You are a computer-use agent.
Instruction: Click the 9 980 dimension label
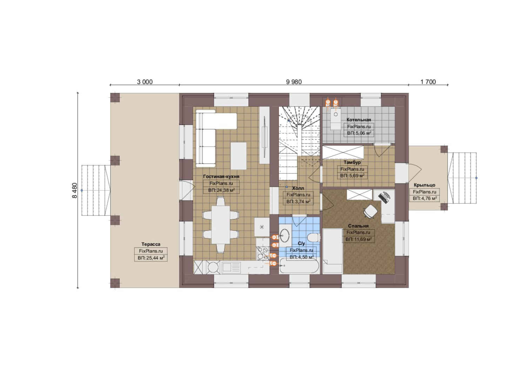pos(294,82)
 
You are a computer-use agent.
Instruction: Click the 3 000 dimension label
pos(145,82)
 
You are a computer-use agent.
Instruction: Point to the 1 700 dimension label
pos(428,82)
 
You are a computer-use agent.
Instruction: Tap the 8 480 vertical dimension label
pos(75,191)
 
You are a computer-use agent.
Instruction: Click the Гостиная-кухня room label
pos(221,177)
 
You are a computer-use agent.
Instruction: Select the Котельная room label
pos(359,120)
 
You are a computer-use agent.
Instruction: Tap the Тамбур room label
pos(352,162)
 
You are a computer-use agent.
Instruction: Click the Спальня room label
pos(358,226)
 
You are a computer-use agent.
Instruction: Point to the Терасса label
pos(151,244)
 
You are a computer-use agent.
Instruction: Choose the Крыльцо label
pos(424,185)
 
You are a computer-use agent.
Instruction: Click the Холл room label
pos(298,188)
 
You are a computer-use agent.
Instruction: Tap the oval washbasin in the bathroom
pos(285,235)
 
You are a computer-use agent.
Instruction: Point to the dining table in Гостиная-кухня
pos(221,225)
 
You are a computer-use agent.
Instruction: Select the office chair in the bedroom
pos(370,211)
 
